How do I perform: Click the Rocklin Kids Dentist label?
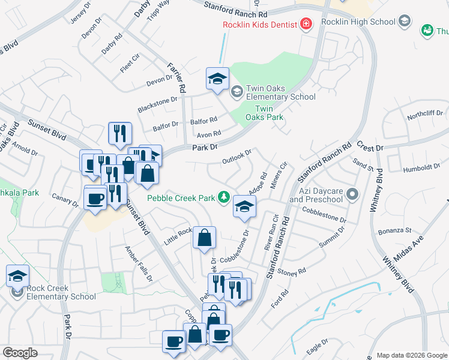[x=260, y=25]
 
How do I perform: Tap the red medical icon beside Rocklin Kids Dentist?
[x=306, y=24]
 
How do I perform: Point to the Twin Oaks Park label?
[x=269, y=113]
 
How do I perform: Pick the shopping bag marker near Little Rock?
[x=205, y=238]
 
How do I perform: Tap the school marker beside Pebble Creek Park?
[x=244, y=206]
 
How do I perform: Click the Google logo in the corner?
[x=20, y=352]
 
